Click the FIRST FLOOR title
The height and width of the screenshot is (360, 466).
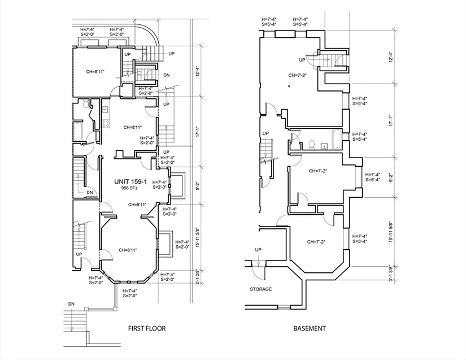point(147,328)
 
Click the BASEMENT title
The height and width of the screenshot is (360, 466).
point(310,328)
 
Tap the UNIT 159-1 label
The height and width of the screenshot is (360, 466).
point(130,181)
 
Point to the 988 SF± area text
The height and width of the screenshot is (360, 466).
point(129,188)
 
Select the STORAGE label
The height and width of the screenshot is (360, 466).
point(260,289)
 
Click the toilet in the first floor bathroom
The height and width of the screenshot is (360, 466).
point(86,104)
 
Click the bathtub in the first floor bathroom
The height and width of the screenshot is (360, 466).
point(79,131)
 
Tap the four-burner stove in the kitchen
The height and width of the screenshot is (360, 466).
point(106,123)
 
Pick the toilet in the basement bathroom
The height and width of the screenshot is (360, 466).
point(312,144)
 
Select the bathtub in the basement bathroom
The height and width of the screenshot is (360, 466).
point(337,139)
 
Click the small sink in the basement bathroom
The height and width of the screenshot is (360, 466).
point(324,145)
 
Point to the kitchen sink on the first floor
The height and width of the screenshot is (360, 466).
point(105,110)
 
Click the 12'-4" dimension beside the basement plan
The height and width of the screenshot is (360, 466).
point(391,57)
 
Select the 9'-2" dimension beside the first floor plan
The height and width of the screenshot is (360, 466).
point(198,186)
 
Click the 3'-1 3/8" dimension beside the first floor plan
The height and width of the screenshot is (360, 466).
point(198,277)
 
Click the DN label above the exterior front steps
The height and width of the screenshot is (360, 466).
point(71,304)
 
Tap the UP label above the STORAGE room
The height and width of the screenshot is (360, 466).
point(258,250)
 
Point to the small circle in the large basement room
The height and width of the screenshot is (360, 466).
point(289,86)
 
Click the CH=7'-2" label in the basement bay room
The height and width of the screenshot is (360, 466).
point(316,242)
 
